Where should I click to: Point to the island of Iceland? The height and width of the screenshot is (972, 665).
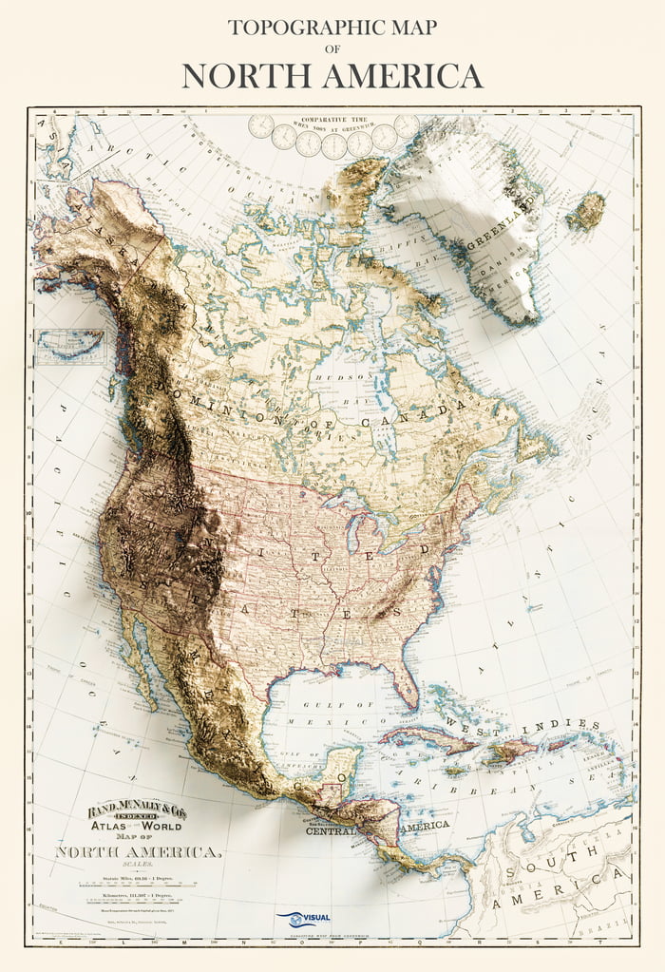tap(585, 211)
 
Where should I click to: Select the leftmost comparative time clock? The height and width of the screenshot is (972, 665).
tap(259, 127)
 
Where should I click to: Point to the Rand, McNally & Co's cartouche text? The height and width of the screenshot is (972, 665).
tap(138, 811)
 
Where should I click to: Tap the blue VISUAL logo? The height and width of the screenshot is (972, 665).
tap(301, 919)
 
